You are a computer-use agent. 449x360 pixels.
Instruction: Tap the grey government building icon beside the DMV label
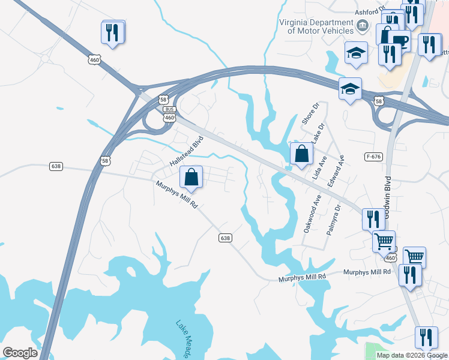click(362, 25)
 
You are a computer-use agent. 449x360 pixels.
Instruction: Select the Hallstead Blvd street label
click(187, 151)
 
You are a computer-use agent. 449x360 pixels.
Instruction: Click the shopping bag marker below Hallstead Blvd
click(191, 177)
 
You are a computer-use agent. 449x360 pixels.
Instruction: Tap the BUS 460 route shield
click(170, 114)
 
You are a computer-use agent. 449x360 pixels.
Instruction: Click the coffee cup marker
click(399, 40)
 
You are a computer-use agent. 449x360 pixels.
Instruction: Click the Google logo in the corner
click(20, 353)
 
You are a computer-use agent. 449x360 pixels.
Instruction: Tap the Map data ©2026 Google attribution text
click(411, 355)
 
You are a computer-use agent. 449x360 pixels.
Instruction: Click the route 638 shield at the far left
click(56, 166)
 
